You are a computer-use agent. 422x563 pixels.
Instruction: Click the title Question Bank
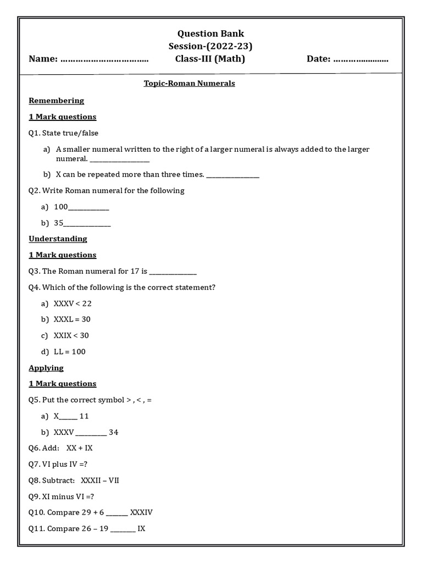210,33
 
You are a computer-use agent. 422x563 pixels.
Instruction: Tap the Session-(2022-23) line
210,46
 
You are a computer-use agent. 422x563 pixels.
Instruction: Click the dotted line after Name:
104,59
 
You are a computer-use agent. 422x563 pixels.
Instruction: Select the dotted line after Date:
360,59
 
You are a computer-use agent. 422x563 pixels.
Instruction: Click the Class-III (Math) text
210,59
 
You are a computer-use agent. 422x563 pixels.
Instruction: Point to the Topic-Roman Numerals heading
189,84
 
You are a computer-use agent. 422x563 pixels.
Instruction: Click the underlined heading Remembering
56,101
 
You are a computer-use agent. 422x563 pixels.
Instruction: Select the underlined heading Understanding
58,239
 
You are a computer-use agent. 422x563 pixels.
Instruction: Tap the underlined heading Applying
46,368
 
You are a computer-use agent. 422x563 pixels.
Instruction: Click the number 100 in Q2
60,207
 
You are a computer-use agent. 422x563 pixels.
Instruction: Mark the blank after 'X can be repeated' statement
232,176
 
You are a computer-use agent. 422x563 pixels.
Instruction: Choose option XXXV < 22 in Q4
73,303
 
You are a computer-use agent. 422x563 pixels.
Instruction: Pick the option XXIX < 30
71,335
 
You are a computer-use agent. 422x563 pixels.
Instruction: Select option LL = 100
69,352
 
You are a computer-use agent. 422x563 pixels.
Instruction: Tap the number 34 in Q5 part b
113,432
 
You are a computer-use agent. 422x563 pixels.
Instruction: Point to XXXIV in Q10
141,512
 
